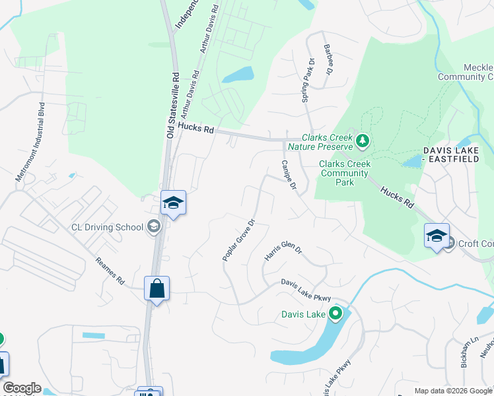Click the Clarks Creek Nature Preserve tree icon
[x=362, y=140]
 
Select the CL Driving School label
[x=107, y=228]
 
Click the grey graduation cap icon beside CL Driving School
[x=154, y=227]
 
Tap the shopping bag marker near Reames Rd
[x=157, y=288]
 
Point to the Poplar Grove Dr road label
[x=239, y=239]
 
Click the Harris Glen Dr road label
[x=283, y=253]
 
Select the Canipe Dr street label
[x=289, y=175]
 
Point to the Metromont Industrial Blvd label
[x=30, y=142]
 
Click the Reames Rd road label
[x=110, y=271]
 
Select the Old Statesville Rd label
[x=173, y=105]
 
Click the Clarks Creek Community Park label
[x=344, y=173]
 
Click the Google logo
[x=22, y=388]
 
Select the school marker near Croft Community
[x=437, y=236]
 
